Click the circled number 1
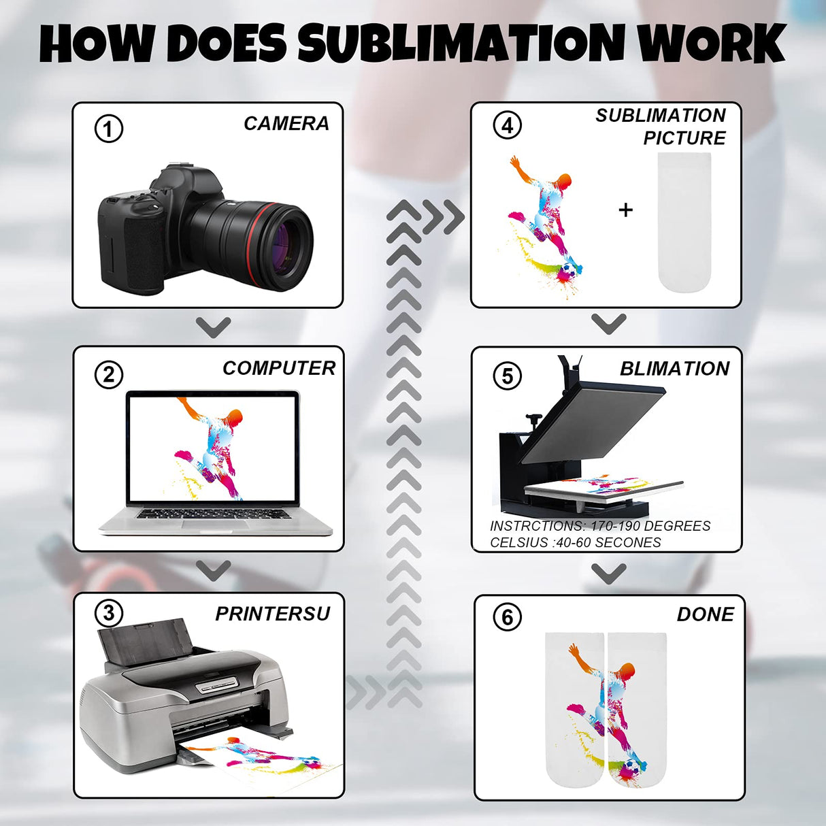pos(109,129)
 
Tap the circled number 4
pos(507,125)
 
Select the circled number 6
pos(507,617)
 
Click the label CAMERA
pos(286,124)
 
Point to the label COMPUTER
pos(278,368)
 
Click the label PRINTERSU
pos(272,614)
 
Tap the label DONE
pos(705,614)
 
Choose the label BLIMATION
pos(674,369)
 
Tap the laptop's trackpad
pos(215,525)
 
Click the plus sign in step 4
pos(626,210)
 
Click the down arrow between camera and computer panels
pos(214,327)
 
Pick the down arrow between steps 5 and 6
pos(608,573)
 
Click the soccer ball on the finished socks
pos(632,768)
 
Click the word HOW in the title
pos(95,44)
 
